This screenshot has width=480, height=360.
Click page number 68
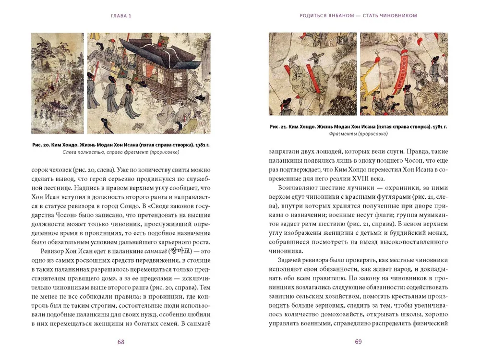(x=121, y=342)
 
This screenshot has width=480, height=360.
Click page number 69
(x=358, y=342)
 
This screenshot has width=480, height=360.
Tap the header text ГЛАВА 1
(x=120, y=15)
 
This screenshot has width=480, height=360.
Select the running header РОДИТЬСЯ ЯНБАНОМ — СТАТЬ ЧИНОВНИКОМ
(x=358, y=15)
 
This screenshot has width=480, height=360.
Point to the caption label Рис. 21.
(x=279, y=126)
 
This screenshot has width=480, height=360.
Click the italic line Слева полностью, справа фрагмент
(x=120, y=153)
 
